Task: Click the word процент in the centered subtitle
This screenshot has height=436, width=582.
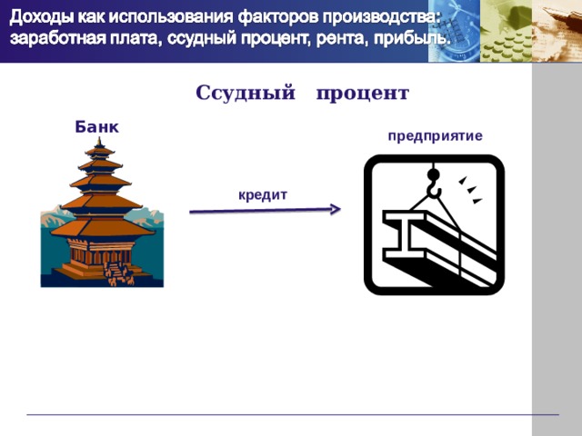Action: point(363,94)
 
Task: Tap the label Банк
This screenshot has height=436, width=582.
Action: point(96,126)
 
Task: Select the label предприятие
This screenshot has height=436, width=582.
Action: point(435,136)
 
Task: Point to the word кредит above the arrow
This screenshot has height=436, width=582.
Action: point(263,194)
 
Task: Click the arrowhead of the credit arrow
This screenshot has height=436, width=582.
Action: point(335,210)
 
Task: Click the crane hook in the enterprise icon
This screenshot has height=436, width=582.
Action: point(434,185)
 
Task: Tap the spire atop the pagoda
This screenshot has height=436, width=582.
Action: point(100,144)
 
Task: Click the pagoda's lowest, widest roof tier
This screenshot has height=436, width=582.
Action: point(101,226)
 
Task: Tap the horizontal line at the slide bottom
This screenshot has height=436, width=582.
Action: point(291,415)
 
